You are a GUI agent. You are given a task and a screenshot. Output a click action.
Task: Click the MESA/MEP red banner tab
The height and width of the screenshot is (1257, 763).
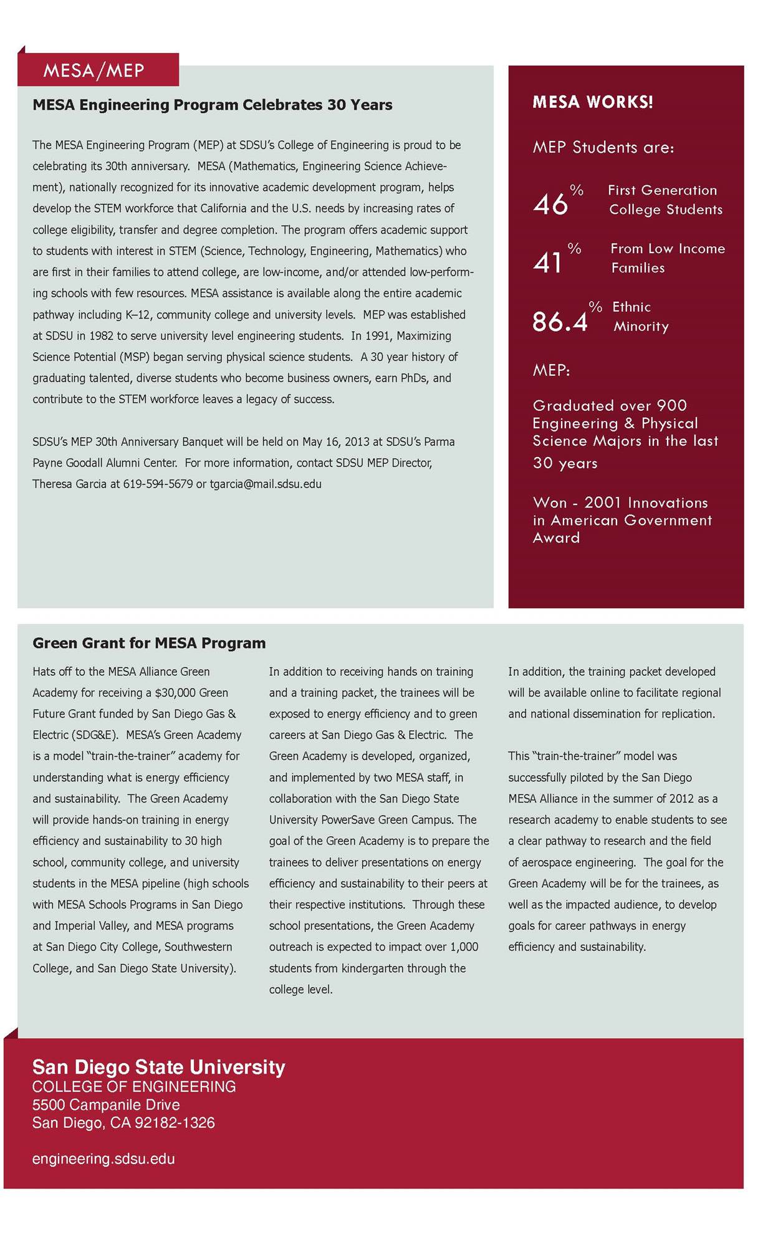94,70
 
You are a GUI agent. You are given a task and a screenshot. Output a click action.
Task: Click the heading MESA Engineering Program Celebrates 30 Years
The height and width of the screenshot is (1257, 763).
212,105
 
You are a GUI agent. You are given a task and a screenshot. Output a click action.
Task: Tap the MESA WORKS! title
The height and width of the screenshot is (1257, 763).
592,102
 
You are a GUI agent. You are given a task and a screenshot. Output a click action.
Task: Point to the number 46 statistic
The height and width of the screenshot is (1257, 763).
551,204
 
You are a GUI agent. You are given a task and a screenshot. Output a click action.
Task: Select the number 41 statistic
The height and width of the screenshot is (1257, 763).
548,262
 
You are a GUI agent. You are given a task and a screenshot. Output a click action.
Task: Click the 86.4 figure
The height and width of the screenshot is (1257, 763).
560,322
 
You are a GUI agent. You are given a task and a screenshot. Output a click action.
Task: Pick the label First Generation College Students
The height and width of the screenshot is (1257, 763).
664,200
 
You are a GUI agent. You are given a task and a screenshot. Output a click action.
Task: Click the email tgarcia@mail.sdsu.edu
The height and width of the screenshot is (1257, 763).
266,484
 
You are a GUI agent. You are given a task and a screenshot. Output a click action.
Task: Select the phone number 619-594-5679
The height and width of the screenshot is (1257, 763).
158,484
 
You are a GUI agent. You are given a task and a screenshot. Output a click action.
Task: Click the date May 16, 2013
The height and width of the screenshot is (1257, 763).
336,441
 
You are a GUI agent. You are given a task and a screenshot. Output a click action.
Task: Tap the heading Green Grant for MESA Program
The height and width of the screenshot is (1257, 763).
149,643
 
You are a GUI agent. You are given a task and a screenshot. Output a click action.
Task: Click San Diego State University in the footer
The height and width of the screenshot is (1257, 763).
158,1067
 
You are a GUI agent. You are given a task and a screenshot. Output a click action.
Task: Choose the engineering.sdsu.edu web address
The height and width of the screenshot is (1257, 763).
103,1159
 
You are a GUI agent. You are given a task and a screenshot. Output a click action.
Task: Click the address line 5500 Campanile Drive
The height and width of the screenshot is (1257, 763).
106,1105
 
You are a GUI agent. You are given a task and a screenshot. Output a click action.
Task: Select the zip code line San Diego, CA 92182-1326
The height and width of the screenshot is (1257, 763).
123,1123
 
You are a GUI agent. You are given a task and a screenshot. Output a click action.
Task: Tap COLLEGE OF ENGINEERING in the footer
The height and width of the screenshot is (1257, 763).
134,1087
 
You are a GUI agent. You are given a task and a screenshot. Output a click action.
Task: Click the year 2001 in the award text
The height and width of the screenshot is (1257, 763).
603,503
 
